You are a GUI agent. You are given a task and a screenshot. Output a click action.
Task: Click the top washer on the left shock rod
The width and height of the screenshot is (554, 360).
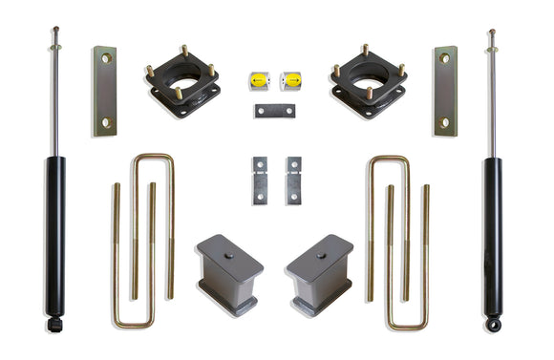pyautogui.click(x=55, y=46)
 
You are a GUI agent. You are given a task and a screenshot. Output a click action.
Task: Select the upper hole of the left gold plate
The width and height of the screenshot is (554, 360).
pyautogui.click(x=105, y=59)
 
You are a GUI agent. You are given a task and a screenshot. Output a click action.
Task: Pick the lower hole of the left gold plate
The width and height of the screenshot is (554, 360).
pyautogui.click(x=105, y=122)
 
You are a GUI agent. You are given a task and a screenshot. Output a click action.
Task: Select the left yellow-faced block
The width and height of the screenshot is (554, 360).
pyautogui.click(x=259, y=80)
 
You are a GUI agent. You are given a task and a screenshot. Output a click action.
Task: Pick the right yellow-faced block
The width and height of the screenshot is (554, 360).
pyautogui.click(x=291, y=80)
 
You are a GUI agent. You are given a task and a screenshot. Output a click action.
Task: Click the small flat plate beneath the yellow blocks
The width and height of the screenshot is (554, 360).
pyautogui.click(x=274, y=111)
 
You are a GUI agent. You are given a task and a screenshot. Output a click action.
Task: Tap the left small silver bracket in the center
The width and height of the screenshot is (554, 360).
pyautogui.click(x=259, y=180)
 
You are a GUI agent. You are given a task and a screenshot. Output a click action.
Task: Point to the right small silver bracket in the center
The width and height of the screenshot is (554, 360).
pyautogui.click(x=292, y=180)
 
